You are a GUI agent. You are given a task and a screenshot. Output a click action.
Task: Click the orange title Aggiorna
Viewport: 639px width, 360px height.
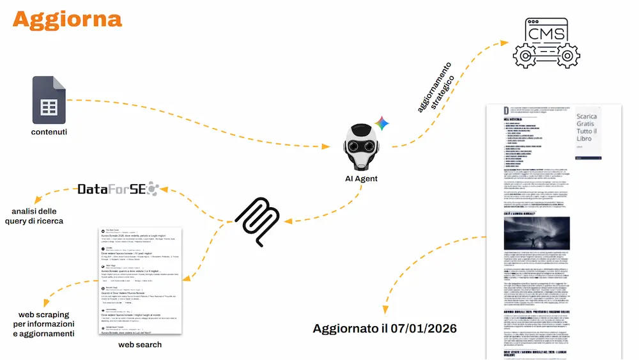coord(66,19)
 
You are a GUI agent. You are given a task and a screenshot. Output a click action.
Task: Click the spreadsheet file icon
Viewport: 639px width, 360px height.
coord(50,100)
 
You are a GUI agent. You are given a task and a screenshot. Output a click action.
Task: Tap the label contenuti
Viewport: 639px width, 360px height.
coord(49,132)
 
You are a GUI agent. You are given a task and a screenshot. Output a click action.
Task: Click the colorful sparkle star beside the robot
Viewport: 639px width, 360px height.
coord(382,123)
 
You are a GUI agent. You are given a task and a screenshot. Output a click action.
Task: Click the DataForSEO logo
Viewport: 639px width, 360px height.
coord(119,189)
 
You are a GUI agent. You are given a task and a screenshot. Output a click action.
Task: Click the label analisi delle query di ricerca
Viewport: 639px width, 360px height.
coord(37,216)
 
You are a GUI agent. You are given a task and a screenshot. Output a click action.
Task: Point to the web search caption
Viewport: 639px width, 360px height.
coord(140,345)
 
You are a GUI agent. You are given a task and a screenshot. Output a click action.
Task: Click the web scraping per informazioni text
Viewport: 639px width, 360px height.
coord(46,324)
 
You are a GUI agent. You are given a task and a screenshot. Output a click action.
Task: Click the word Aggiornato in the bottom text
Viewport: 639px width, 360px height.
coord(348,329)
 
